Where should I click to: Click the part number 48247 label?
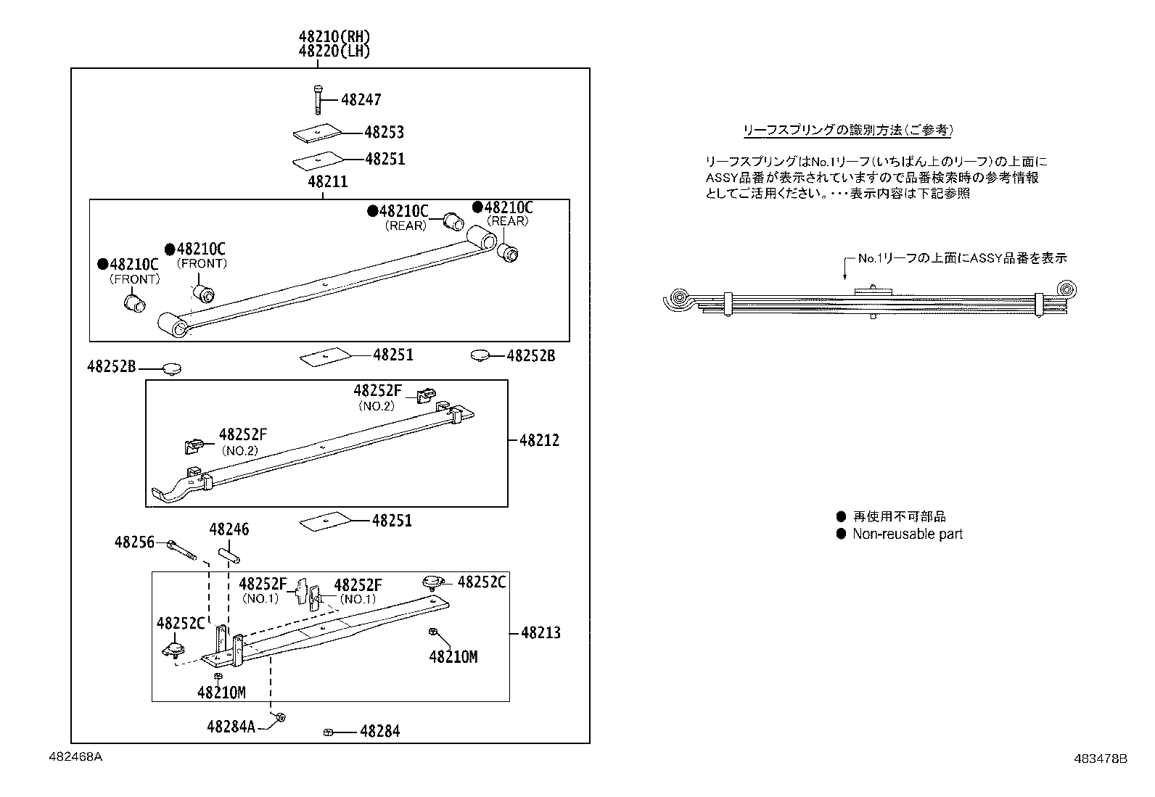(x=361, y=100)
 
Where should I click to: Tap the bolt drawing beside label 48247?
(x=317, y=99)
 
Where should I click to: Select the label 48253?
(x=384, y=133)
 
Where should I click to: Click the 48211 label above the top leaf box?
(x=327, y=182)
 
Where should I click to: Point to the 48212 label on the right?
(x=539, y=440)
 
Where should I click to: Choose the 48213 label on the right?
(x=540, y=633)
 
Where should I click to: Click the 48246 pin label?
(x=229, y=529)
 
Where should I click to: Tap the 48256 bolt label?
(x=134, y=542)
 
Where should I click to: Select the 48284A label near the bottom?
(x=231, y=726)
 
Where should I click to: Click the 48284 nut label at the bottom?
(x=379, y=731)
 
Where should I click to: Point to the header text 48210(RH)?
(x=329, y=36)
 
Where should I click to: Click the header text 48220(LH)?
(x=329, y=51)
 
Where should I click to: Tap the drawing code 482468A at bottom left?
(x=76, y=756)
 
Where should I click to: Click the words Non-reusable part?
(x=907, y=534)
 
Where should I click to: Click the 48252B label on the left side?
(x=112, y=367)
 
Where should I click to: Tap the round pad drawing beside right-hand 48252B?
(x=480, y=355)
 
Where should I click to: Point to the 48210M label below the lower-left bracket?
(x=221, y=693)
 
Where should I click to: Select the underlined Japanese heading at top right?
(x=847, y=131)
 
